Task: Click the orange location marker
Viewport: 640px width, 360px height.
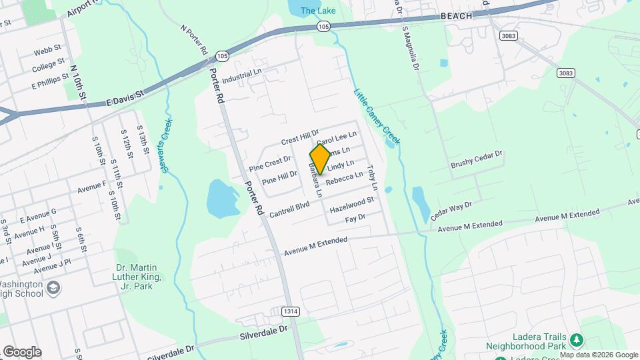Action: [x=320, y=159]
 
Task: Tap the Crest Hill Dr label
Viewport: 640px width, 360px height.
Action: [x=300, y=137]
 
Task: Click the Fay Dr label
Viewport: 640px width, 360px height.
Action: [x=355, y=218]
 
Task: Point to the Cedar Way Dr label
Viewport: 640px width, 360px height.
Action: [x=451, y=211]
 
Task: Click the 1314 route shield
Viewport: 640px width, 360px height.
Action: [x=290, y=311]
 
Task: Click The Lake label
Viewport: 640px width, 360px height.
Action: [x=317, y=11]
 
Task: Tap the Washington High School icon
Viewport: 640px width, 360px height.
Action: [x=53, y=288]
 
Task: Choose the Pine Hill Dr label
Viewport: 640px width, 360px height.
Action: [x=279, y=177]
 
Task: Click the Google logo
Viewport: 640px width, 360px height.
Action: [x=22, y=351]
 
